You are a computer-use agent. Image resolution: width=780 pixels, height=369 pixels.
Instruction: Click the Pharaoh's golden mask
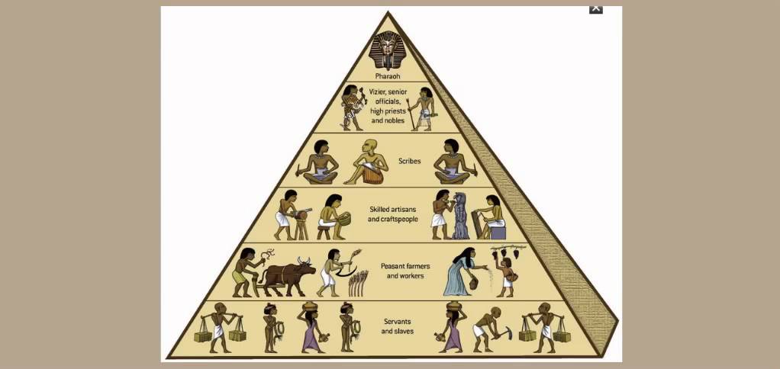(388, 50)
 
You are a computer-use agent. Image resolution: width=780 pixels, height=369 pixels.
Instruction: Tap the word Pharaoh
(388, 76)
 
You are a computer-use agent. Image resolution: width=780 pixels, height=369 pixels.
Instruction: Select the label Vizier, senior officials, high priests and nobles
(388, 106)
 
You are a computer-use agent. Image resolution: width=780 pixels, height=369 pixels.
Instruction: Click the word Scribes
(410, 162)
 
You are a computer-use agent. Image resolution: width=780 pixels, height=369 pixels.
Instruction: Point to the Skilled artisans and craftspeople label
(393, 213)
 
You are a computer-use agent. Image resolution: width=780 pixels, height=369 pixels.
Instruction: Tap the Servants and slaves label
(397, 326)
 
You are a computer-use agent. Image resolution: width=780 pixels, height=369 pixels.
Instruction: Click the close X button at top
(596, 8)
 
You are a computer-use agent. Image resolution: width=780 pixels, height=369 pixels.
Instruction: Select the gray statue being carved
(460, 218)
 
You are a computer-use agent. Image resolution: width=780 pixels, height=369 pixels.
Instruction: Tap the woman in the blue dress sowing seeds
(462, 271)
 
